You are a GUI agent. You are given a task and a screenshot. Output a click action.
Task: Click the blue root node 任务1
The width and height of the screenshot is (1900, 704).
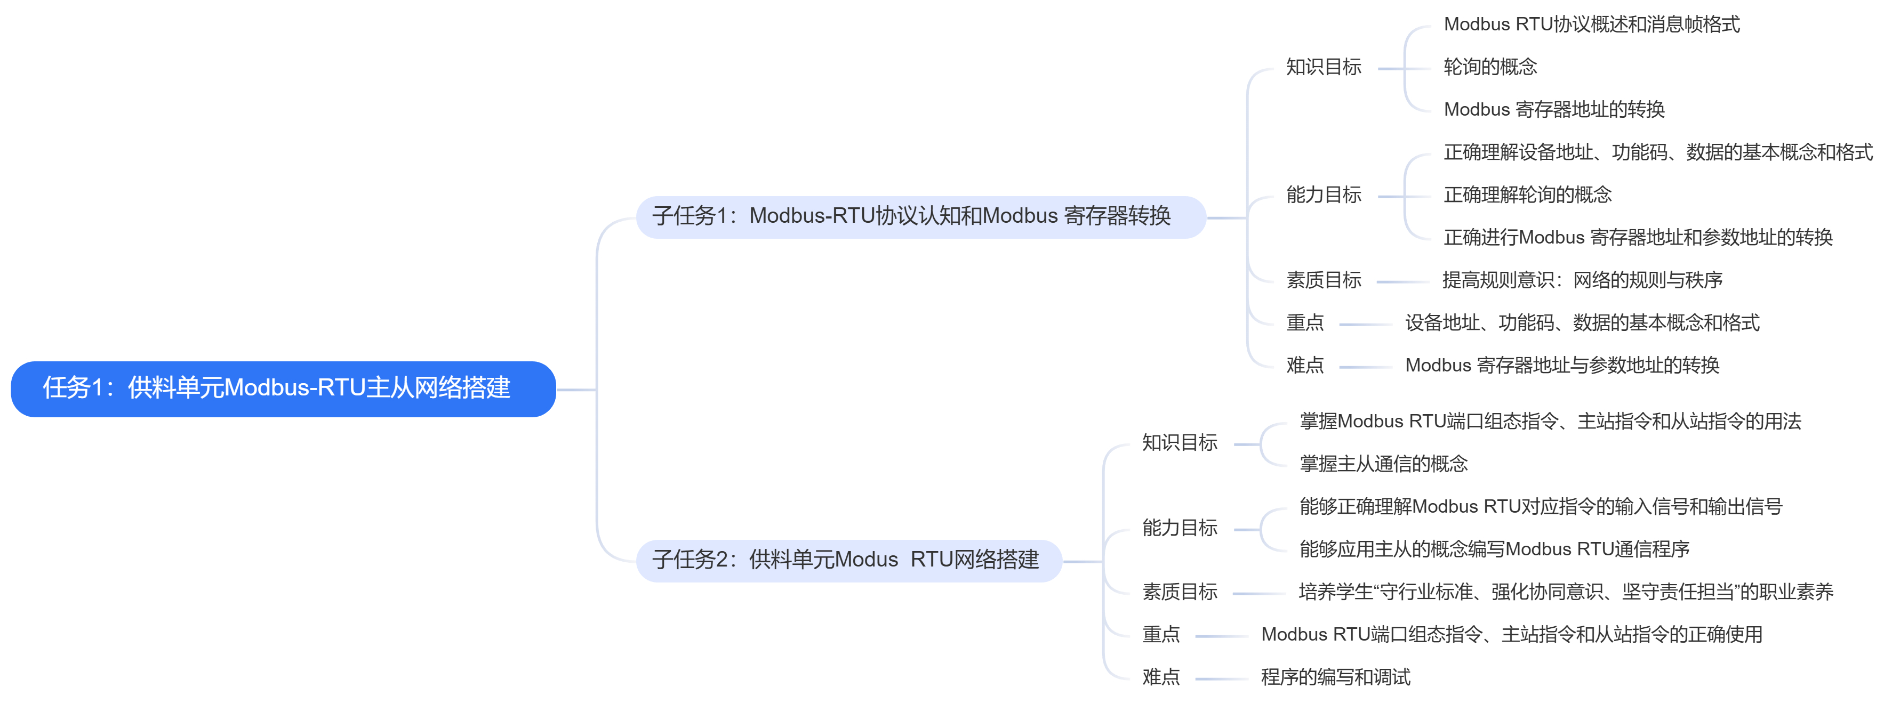(x=283, y=389)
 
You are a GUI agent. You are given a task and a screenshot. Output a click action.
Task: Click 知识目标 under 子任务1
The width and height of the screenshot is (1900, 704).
(x=1323, y=68)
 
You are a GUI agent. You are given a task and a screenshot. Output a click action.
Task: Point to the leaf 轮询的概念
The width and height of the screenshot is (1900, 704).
(x=1490, y=68)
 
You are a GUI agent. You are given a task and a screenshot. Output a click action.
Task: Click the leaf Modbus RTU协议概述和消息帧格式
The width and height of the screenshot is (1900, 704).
(x=1591, y=25)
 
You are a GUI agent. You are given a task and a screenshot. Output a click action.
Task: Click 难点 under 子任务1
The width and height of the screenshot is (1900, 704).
(x=1305, y=366)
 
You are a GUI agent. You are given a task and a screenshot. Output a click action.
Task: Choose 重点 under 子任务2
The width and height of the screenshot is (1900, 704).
(x=1161, y=635)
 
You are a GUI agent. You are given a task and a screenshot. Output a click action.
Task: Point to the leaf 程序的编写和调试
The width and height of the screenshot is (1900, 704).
(x=1335, y=677)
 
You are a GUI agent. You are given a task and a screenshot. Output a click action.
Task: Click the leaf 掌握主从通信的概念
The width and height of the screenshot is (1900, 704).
(x=1383, y=464)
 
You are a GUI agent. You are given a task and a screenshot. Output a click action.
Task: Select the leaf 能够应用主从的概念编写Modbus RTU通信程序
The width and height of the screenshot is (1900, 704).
(x=1494, y=550)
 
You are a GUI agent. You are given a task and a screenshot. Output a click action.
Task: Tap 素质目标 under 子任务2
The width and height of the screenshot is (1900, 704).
(x=1180, y=592)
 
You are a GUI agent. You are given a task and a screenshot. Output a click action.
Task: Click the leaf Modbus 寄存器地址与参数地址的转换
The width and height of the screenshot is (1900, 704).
(x=1561, y=366)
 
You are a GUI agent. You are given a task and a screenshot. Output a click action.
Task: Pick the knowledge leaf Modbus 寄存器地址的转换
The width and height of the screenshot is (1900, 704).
(x=1553, y=110)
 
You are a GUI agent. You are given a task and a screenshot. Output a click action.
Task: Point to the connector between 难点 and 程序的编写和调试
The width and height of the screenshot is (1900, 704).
(x=1221, y=679)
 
